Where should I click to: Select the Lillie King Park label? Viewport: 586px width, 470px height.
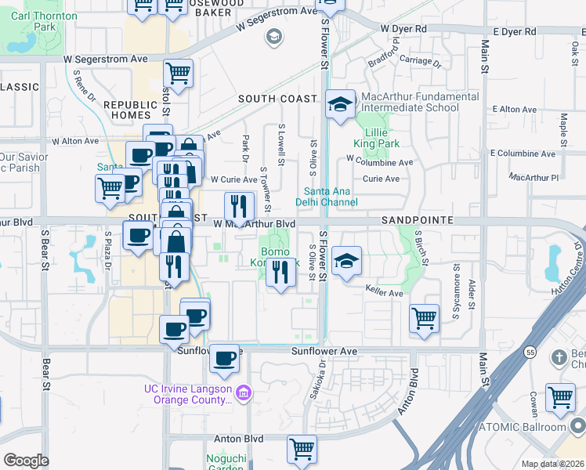[377, 138]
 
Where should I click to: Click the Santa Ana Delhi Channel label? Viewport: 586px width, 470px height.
[331, 197]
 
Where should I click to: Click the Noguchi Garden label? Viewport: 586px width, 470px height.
[226, 463]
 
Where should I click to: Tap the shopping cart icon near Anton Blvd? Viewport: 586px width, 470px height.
[302, 450]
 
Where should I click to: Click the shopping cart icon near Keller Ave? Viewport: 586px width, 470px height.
[424, 319]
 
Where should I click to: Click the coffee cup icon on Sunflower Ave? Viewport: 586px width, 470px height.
[224, 358]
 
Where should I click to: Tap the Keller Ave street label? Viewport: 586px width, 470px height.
[384, 293]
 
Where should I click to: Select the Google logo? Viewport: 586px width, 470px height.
[26, 461]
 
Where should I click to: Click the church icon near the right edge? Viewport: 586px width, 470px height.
[559, 358]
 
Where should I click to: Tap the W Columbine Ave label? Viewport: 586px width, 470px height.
[379, 162]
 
